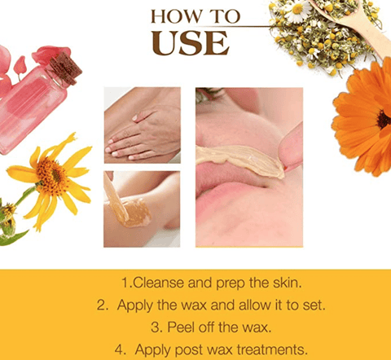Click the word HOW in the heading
coord(174,15)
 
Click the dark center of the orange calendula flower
coord(383,120)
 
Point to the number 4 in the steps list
coord(118,350)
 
